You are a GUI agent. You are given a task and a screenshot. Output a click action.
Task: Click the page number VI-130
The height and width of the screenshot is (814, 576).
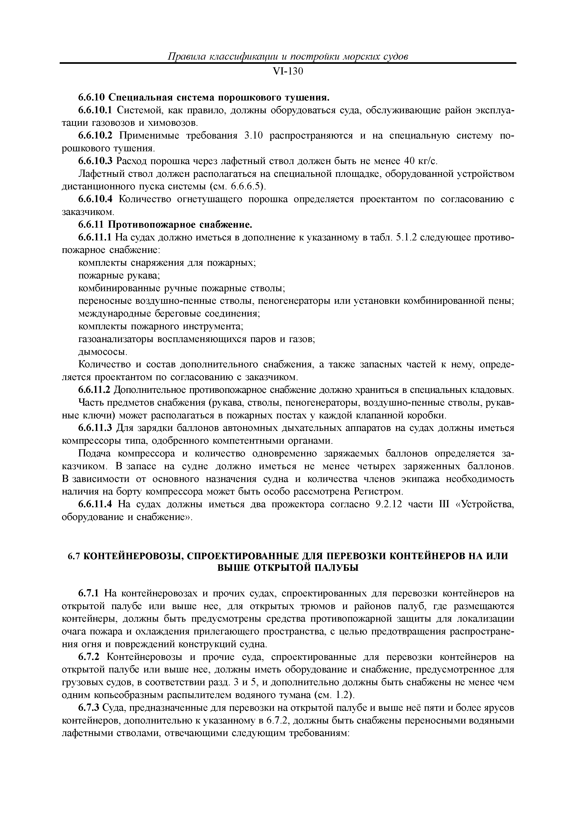[288, 72]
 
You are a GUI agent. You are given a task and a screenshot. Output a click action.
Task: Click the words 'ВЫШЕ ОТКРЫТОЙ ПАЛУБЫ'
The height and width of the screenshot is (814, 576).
[288, 568]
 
